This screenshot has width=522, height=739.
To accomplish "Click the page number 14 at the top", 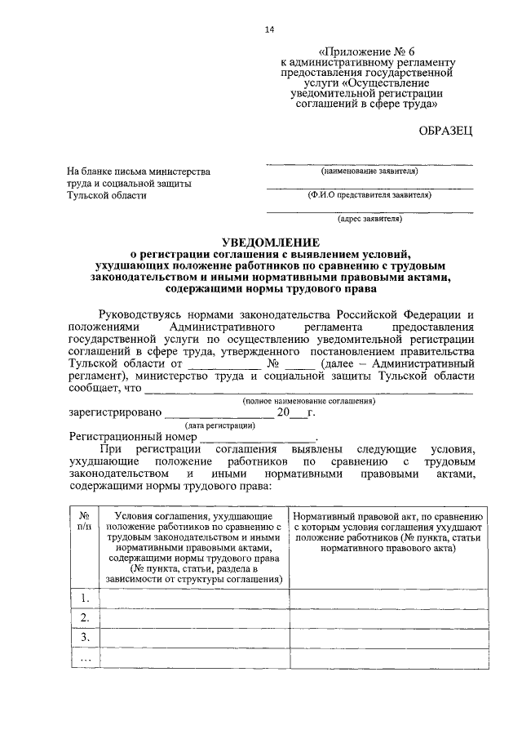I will [x=269, y=30].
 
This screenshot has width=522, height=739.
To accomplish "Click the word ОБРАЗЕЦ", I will [x=444, y=131].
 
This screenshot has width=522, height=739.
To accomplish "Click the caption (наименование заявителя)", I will [x=369, y=171].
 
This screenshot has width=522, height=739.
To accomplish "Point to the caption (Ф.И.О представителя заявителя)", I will [x=369, y=195].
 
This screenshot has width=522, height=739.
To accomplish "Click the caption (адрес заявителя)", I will [x=369, y=219].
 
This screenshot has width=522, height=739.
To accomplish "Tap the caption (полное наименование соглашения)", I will [x=309, y=401].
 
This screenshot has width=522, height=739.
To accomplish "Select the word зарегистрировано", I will [x=115, y=413].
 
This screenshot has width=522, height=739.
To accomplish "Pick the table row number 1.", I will [x=83, y=599].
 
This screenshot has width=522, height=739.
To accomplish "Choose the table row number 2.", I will [x=83, y=617].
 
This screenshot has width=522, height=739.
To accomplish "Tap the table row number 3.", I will [x=83, y=637].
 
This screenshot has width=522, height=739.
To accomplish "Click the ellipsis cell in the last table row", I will [x=83, y=657].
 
